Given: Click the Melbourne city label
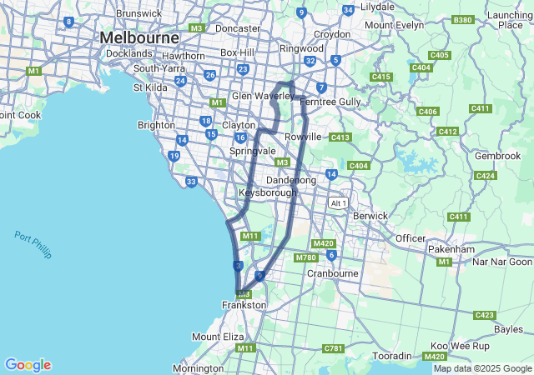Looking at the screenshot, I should [x=139, y=38].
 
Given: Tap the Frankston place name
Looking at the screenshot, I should [x=244, y=306].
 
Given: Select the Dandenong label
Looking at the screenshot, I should [x=290, y=180].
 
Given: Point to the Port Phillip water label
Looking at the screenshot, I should [x=33, y=244].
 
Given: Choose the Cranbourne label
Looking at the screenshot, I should [x=332, y=272].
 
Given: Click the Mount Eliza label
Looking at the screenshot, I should [x=218, y=336].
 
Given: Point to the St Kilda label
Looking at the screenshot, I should [x=150, y=87].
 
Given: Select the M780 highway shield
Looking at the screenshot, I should [x=306, y=258].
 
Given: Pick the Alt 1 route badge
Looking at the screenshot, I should [x=338, y=203].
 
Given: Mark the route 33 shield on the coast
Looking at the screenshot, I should [x=191, y=182].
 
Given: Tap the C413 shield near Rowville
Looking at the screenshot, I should [x=340, y=137].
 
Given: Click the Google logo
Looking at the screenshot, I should [x=28, y=365].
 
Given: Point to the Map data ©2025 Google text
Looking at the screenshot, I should [x=481, y=368].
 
